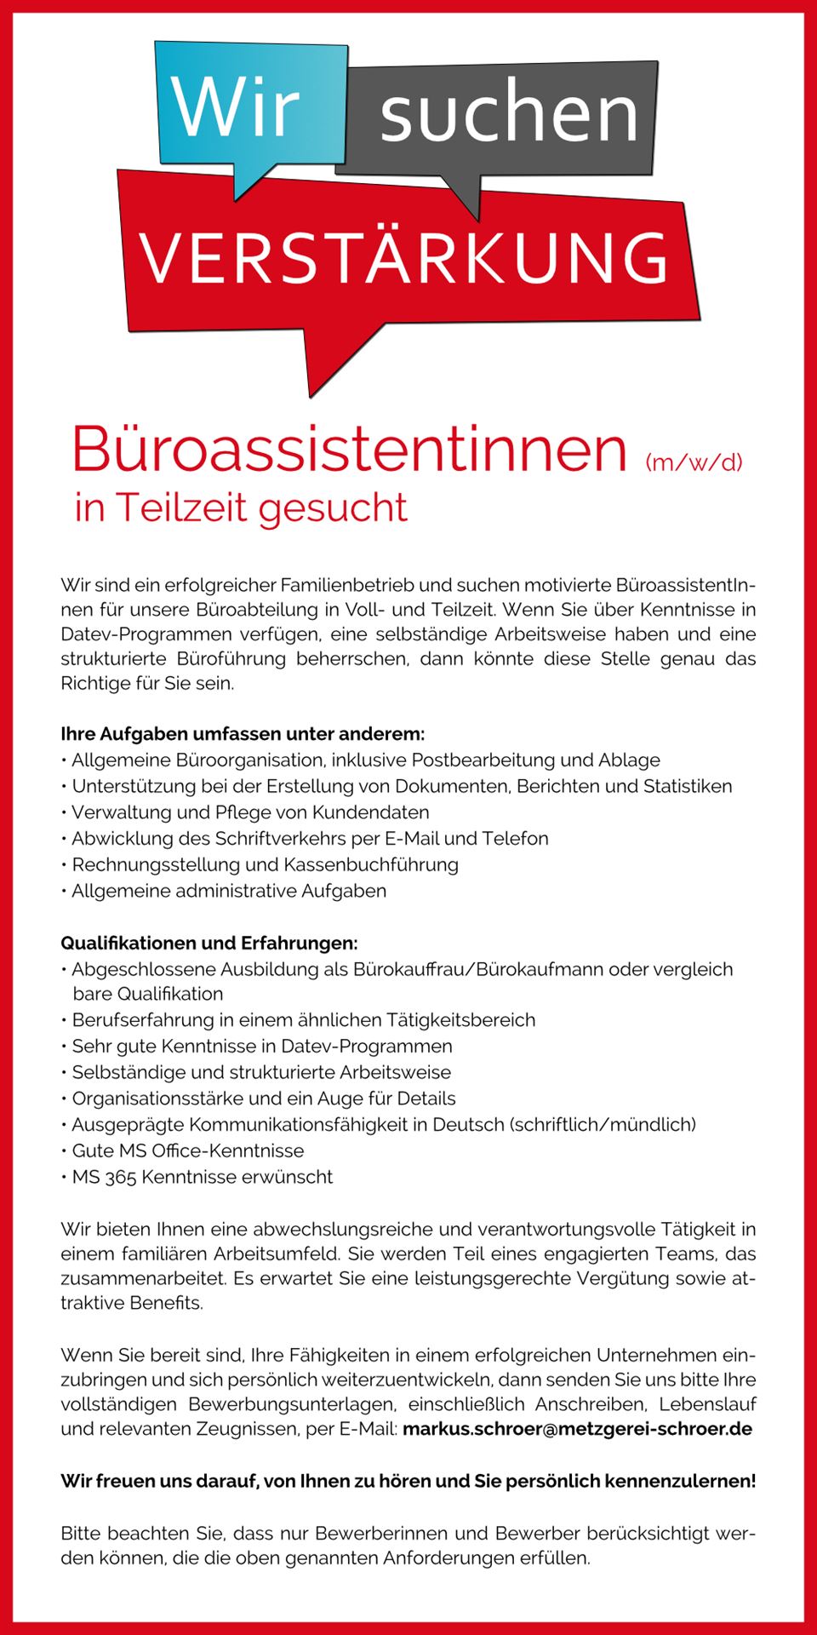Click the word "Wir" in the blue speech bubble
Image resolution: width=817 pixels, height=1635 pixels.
[x=236, y=108]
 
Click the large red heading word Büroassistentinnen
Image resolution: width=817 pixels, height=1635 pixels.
[x=350, y=449]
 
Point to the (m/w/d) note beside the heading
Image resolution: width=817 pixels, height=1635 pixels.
[x=694, y=462]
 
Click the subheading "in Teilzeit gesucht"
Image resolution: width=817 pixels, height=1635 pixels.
[x=242, y=508]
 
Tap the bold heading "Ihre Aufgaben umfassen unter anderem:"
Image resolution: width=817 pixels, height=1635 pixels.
[x=243, y=733]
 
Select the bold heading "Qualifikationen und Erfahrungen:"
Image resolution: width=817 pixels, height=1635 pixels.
[x=209, y=943]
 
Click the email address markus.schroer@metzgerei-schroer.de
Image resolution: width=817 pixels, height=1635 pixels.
[x=577, y=1428]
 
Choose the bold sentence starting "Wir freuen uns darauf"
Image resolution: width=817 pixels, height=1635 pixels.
[x=408, y=1481]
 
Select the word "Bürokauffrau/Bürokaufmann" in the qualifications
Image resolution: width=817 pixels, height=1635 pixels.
[x=477, y=968]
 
